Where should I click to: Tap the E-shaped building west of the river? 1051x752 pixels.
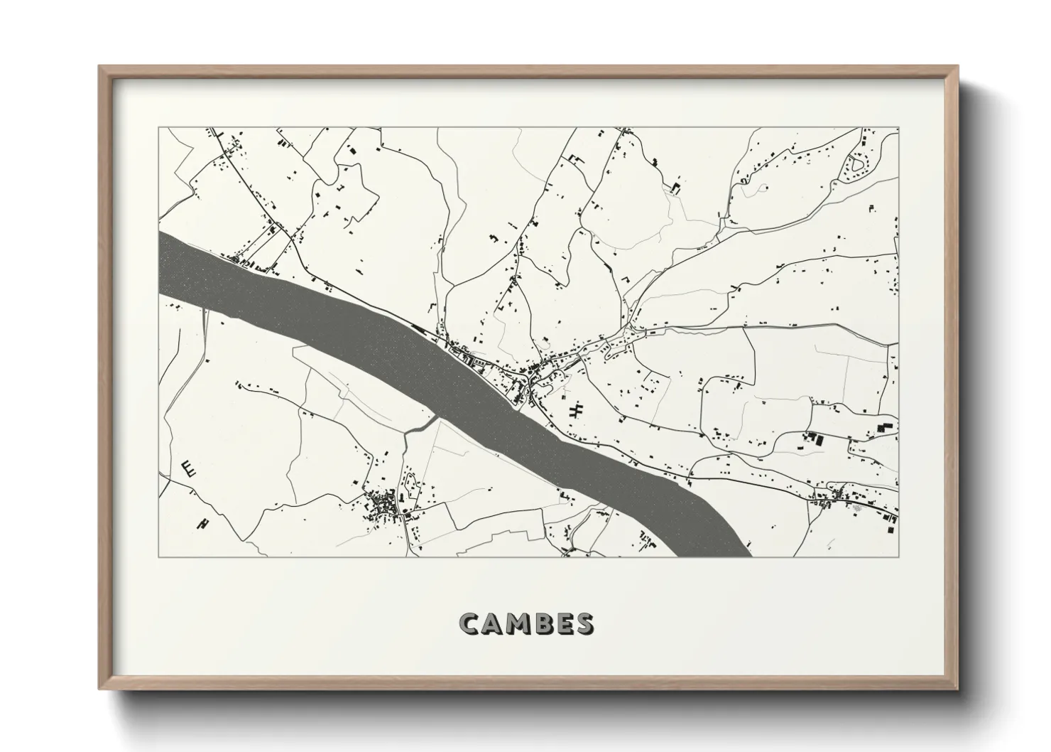(189, 468)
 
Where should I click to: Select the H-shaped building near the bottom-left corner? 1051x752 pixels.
(204, 523)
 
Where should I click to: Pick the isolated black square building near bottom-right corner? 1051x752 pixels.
(885, 427)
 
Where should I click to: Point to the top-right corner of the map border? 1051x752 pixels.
(898, 128)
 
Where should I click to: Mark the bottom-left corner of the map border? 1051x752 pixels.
(159, 557)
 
